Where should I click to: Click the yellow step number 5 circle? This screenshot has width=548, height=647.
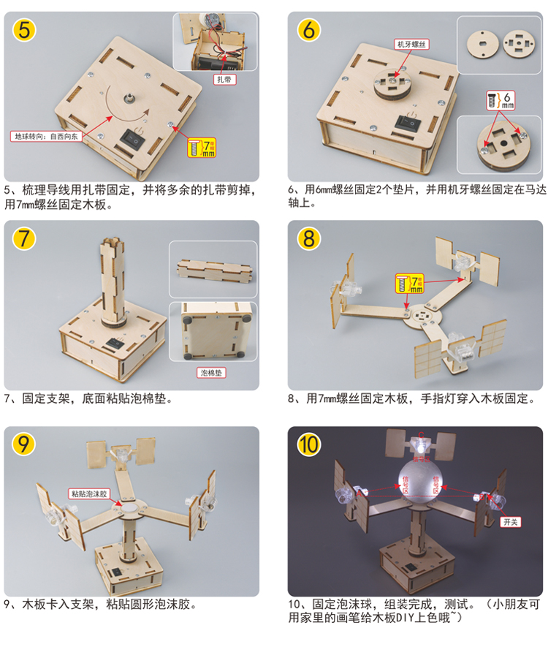click(x=23, y=31)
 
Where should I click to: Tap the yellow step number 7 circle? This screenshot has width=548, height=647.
click(x=23, y=238)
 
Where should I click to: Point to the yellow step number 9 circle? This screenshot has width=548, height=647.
click(x=23, y=444)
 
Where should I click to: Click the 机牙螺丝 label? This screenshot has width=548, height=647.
click(x=409, y=44)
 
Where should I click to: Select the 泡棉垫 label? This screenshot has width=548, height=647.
click(x=213, y=372)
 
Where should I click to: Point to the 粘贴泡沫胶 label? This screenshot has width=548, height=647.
click(x=89, y=493)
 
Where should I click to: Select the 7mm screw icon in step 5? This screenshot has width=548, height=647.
click(x=202, y=146)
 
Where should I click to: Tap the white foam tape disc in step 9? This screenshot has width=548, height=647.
click(x=129, y=505)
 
